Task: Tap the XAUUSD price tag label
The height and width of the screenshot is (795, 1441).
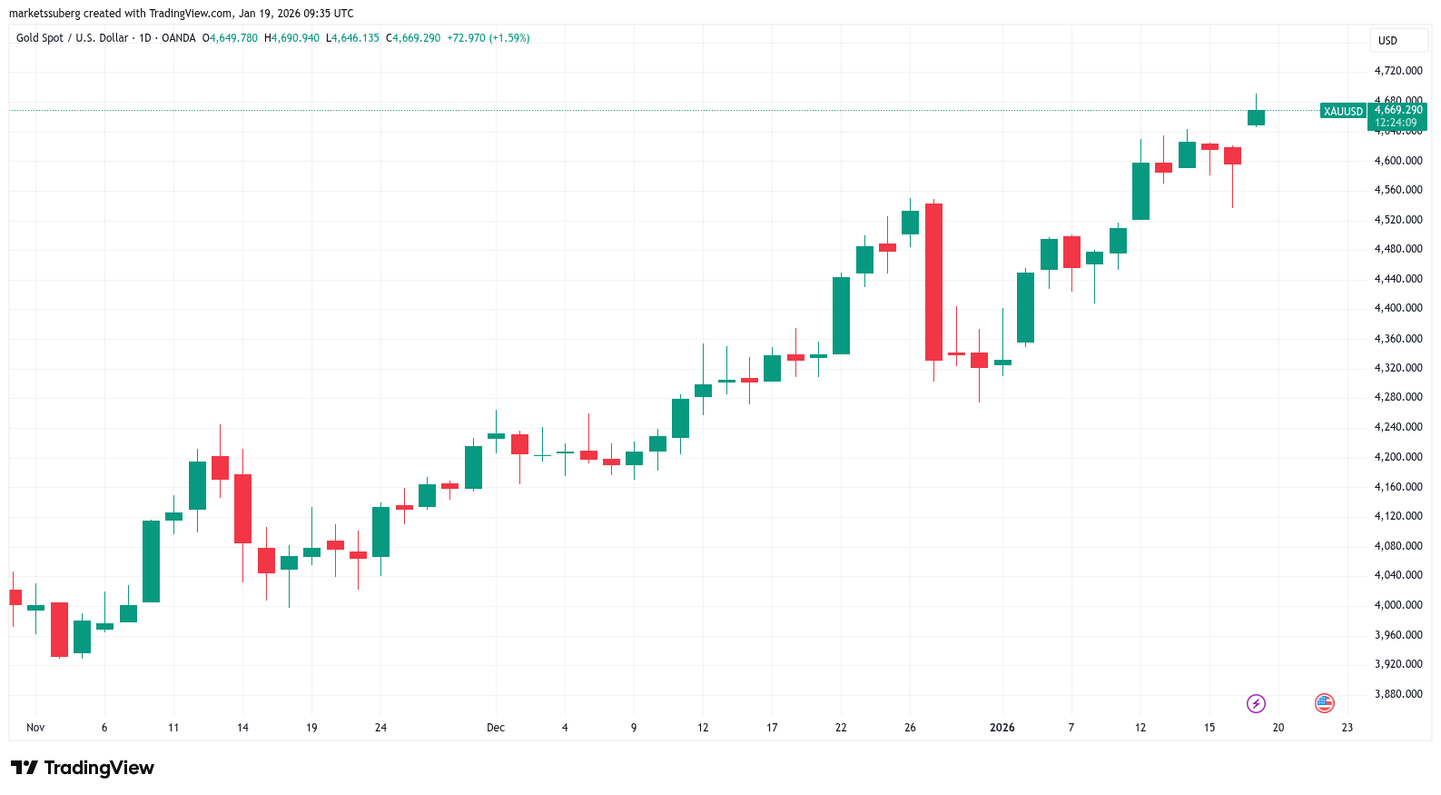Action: pyautogui.click(x=1343, y=112)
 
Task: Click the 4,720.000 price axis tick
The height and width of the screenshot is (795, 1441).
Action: pyautogui.click(x=1397, y=71)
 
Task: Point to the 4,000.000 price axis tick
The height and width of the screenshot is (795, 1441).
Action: pyautogui.click(x=1397, y=605)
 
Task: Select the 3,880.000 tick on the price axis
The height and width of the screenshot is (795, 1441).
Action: pyautogui.click(x=1397, y=694)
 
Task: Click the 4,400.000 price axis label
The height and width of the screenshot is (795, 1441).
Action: pyautogui.click(x=1397, y=308)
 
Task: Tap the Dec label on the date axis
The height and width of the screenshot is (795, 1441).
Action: pyautogui.click(x=496, y=728)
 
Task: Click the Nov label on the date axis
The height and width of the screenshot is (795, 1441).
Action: pyautogui.click(x=35, y=728)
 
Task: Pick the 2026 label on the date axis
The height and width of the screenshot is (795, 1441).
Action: pyautogui.click(x=1002, y=728)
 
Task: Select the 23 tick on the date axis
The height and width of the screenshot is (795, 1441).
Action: pyautogui.click(x=1347, y=728)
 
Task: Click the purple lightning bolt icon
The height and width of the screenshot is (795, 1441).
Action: pyautogui.click(x=1256, y=703)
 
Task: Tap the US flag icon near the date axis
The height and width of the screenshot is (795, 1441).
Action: pyautogui.click(x=1324, y=703)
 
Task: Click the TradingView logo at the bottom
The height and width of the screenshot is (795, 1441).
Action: pyautogui.click(x=83, y=769)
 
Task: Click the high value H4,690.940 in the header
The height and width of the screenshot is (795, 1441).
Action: pyautogui.click(x=291, y=38)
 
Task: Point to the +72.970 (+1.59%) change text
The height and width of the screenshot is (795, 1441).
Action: pyautogui.click(x=489, y=38)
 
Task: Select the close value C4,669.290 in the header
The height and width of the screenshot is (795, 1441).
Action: pyautogui.click(x=413, y=38)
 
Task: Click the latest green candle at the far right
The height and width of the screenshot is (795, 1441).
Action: pyautogui.click(x=1256, y=117)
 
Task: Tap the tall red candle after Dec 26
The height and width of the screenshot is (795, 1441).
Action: pyautogui.click(x=933, y=282)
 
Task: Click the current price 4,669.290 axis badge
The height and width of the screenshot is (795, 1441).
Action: pyautogui.click(x=1397, y=111)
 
